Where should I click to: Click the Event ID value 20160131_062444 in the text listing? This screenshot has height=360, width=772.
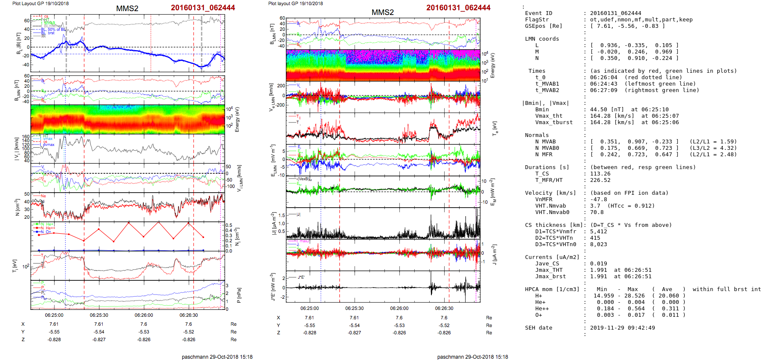[609, 13]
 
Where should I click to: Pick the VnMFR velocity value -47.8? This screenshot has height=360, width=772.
[598, 199]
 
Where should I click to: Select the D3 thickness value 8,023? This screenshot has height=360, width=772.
[598, 244]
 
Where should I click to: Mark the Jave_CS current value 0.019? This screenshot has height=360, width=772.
[598, 264]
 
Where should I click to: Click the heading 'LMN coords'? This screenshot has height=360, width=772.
[542, 39]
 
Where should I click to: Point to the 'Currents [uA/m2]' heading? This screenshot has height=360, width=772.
[552, 257]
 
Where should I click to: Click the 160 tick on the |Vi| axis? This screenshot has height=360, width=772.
[26, 137]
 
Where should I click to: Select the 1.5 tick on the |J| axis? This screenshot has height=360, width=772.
[282, 215]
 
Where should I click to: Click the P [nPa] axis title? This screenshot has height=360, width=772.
[238, 295]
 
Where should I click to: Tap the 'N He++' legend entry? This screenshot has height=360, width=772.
[47, 228]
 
